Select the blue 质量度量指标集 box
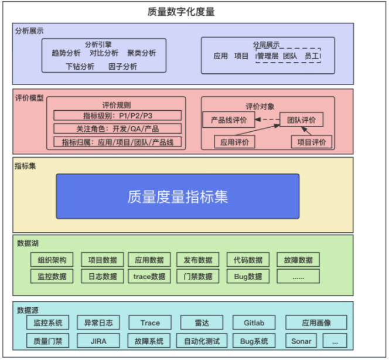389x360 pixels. tap(178, 196)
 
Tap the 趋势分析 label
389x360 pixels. tap(66, 53)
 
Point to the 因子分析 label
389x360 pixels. tap(122, 67)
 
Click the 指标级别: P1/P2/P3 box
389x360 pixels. tap(118, 116)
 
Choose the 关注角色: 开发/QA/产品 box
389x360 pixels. tap(118, 128)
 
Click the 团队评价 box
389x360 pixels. tap(301, 120)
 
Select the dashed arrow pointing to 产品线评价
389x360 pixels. tap(267, 120)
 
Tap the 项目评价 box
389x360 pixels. tap(311, 142)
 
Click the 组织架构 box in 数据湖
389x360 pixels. tap(52, 260)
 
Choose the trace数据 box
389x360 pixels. tap(149, 276)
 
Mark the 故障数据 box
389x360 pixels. tap(298, 260)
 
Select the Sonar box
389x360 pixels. tap(302, 341)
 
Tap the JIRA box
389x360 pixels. tap(98, 341)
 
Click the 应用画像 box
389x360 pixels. tap(316, 323)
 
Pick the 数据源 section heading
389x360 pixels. tap(28, 310)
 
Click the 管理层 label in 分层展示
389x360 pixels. tap(267, 56)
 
